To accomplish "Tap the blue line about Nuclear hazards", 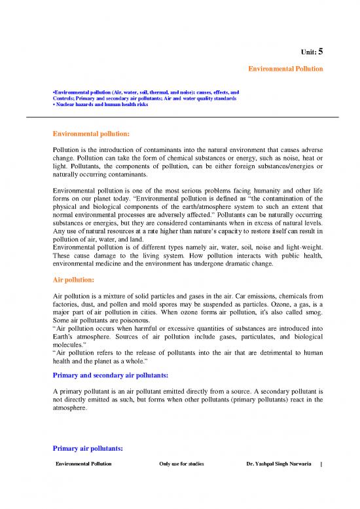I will tap(98, 105).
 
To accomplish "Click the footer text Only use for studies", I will tap(181, 464).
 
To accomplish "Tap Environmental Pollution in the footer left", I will tap(84, 464).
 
